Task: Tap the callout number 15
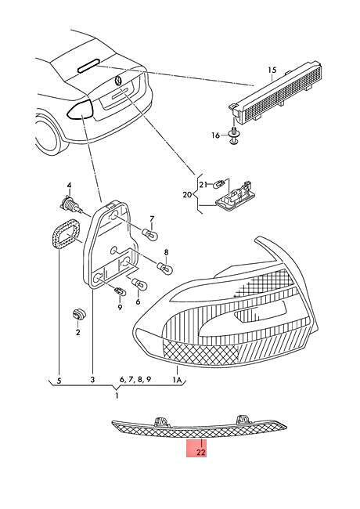click(272, 70)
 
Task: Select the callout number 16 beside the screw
click(216, 135)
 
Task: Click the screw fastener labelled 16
click(233, 135)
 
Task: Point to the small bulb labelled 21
click(218, 186)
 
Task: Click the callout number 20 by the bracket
click(188, 195)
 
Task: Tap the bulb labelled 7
click(151, 234)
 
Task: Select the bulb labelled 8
click(166, 268)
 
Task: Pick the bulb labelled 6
click(139, 284)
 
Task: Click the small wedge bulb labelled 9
click(120, 292)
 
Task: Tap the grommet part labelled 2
click(78, 313)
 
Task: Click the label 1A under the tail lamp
click(177, 380)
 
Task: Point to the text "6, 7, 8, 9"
click(135, 380)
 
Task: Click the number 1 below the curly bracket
click(117, 396)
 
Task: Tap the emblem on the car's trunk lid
click(117, 81)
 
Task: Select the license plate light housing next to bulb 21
click(235, 196)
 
